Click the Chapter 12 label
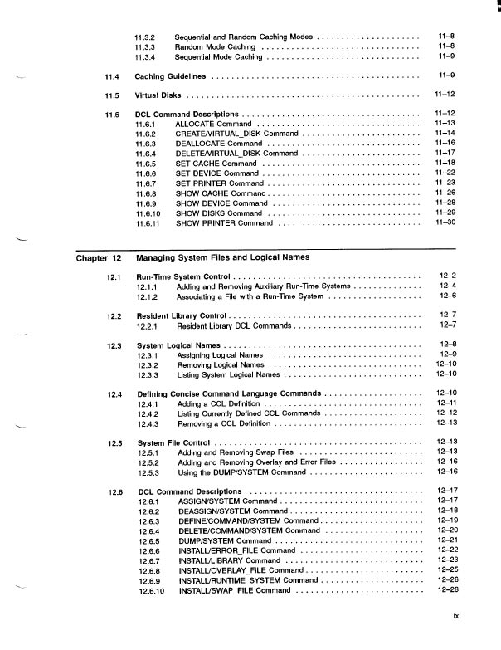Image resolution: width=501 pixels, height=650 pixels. click(x=99, y=257)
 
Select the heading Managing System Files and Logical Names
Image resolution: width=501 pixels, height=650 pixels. click(x=222, y=257)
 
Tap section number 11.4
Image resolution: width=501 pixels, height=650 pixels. click(x=113, y=76)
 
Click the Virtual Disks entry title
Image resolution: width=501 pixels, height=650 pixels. click(x=158, y=95)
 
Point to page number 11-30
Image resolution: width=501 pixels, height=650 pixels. click(x=445, y=222)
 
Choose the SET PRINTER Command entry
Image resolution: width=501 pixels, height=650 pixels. click(x=220, y=183)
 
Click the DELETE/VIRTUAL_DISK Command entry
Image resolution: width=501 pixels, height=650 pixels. click(x=236, y=153)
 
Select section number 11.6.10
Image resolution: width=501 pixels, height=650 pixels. click(x=149, y=213)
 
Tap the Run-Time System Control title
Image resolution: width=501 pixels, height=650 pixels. click(x=182, y=276)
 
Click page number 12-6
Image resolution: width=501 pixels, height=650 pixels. click(x=448, y=296)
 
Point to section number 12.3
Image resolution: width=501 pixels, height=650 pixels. click(x=115, y=345)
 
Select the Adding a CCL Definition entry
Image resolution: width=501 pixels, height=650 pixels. click(x=218, y=403)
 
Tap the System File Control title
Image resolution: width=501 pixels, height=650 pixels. click(x=173, y=443)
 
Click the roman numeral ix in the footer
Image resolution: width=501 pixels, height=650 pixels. click(x=455, y=639)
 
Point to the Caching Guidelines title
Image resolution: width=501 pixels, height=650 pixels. click(x=171, y=76)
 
